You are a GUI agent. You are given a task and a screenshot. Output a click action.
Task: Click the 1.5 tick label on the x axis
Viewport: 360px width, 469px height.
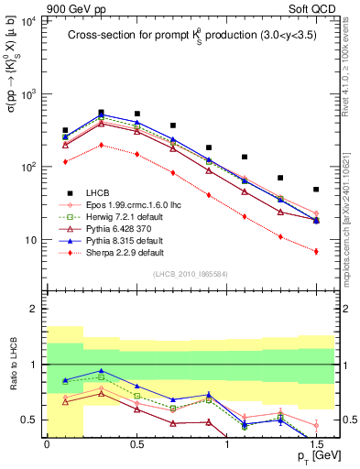click(316, 445)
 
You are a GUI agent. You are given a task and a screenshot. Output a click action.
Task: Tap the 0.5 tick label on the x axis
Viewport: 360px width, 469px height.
click(136, 445)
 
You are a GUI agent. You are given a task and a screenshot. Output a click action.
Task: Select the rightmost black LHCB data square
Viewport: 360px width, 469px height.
click(316, 190)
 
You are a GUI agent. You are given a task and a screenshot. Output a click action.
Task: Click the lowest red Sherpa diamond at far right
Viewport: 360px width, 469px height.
click(316, 251)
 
